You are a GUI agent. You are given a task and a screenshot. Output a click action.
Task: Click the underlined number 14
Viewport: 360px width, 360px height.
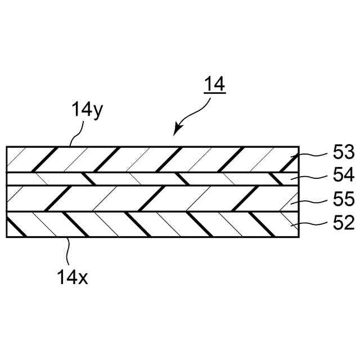[214, 84]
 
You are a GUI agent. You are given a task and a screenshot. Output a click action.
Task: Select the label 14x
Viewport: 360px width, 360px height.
[72, 277]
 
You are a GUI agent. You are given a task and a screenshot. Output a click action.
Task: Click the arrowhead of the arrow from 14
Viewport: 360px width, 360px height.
[177, 132]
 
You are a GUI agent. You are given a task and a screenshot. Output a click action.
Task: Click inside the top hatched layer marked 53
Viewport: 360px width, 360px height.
[141, 159]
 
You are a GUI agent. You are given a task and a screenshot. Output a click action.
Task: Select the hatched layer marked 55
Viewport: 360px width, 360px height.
[141, 199]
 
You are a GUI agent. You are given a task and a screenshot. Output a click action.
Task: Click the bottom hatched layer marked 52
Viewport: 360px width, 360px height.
[141, 224]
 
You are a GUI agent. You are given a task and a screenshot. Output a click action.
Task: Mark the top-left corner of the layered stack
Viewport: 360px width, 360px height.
[7, 147]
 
